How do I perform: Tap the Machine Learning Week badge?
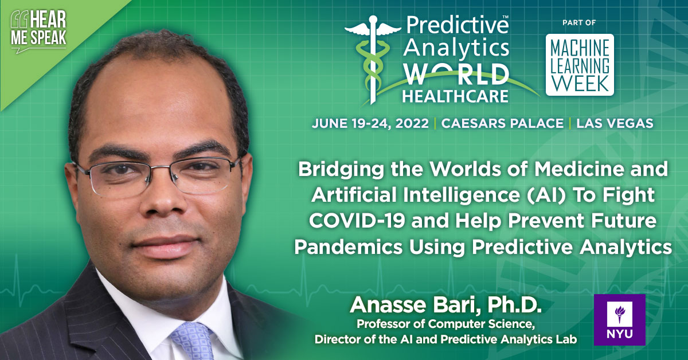580,64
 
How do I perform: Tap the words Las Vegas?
615,123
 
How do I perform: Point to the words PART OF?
580,22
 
